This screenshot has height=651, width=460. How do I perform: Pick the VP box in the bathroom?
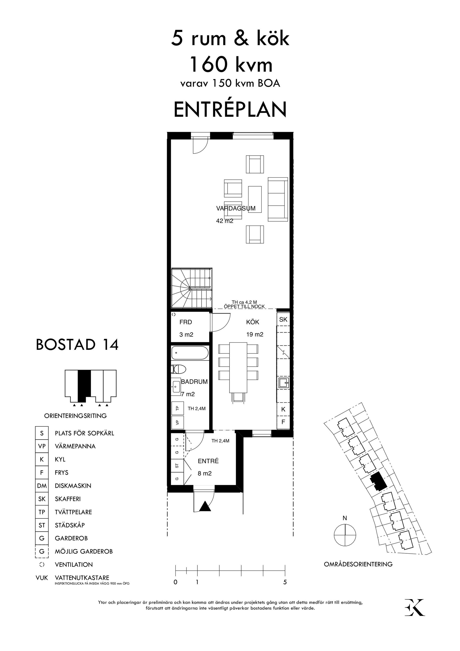(x=178, y=422)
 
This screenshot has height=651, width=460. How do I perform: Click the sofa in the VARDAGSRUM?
(x=278, y=199)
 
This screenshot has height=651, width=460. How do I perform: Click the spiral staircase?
(x=191, y=288)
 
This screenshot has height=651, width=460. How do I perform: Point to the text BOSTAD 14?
(x=77, y=345)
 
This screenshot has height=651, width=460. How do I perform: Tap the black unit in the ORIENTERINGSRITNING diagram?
(x=84, y=383)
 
